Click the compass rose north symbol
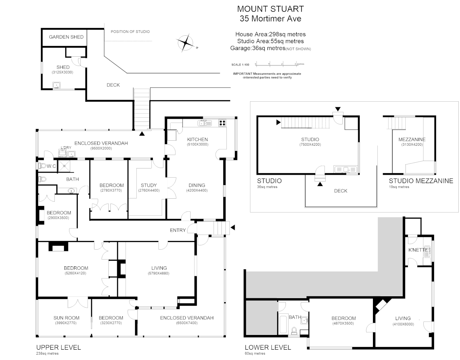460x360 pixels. click(185, 43)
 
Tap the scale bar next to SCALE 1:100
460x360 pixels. click(276, 64)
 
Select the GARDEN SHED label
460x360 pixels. click(66, 37)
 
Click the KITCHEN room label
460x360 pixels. click(197, 139)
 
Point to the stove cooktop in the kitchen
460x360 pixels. click(222, 123)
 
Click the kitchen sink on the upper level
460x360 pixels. click(204, 123)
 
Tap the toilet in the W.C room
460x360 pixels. click(42, 166)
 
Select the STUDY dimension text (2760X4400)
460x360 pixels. click(149, 191)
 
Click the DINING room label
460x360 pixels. click(197, 185)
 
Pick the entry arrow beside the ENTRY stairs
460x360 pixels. click(233, 228)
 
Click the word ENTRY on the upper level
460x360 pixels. click(177, 230)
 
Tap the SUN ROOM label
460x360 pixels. click(66, 318)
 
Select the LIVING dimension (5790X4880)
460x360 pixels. click(159, 273)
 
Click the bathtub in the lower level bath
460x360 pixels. click(282, 323)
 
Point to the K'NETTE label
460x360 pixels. click(418, 250)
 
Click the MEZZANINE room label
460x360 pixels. click(412, 139)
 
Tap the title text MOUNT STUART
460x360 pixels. click(270, 9)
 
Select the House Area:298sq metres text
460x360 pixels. click(270, 34)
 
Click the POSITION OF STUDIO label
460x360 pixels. click(130, 32)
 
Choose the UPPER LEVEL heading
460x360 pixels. click(58, 347)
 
